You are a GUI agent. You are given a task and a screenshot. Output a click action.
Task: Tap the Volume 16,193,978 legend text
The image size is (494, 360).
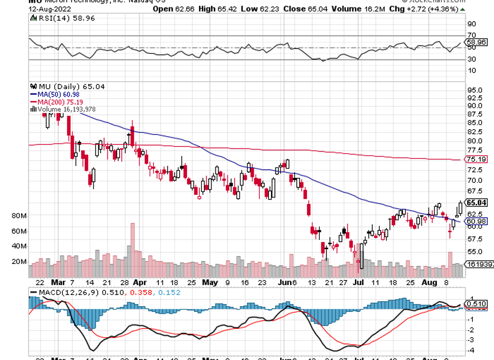[64, 109]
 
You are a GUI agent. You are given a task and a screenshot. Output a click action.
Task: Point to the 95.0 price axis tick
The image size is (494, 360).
[476, 90]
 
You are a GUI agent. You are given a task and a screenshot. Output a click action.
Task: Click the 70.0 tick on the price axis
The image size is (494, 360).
[476, 181]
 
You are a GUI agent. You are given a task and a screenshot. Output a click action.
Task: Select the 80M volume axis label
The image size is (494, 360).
[19, 216]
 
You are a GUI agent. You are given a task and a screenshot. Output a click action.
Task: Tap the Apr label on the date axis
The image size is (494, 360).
[140, 282]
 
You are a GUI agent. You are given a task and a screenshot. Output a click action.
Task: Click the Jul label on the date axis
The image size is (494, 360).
[359, 282]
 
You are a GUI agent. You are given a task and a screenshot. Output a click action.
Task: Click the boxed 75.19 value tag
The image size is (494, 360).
[476, 159]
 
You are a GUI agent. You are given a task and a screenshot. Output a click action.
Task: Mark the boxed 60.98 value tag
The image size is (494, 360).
[476, 222]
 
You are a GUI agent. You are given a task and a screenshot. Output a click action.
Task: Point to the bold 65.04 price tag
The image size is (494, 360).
[476, 202]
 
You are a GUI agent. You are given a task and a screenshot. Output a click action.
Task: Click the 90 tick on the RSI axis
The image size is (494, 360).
[472, 24]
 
